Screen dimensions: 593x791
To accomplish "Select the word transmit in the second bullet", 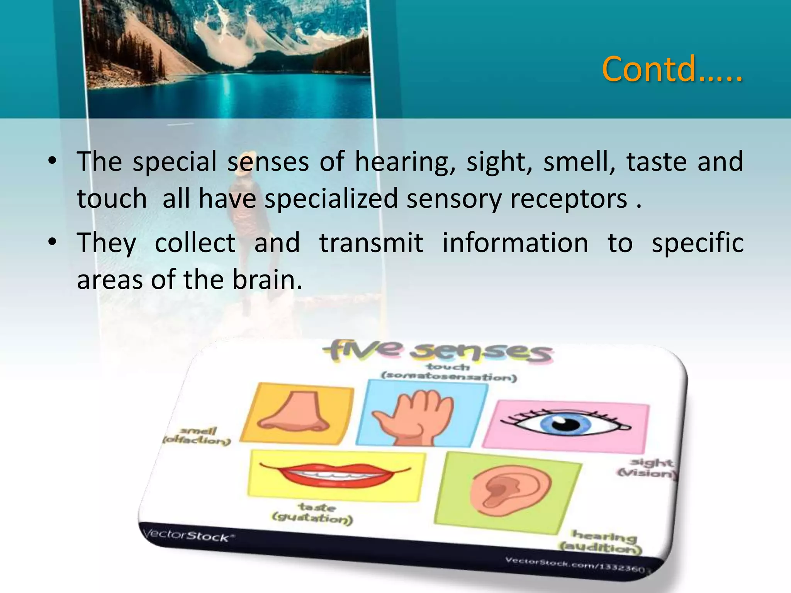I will click(371, 243).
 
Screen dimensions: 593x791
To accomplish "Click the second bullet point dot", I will click(53, 242).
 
